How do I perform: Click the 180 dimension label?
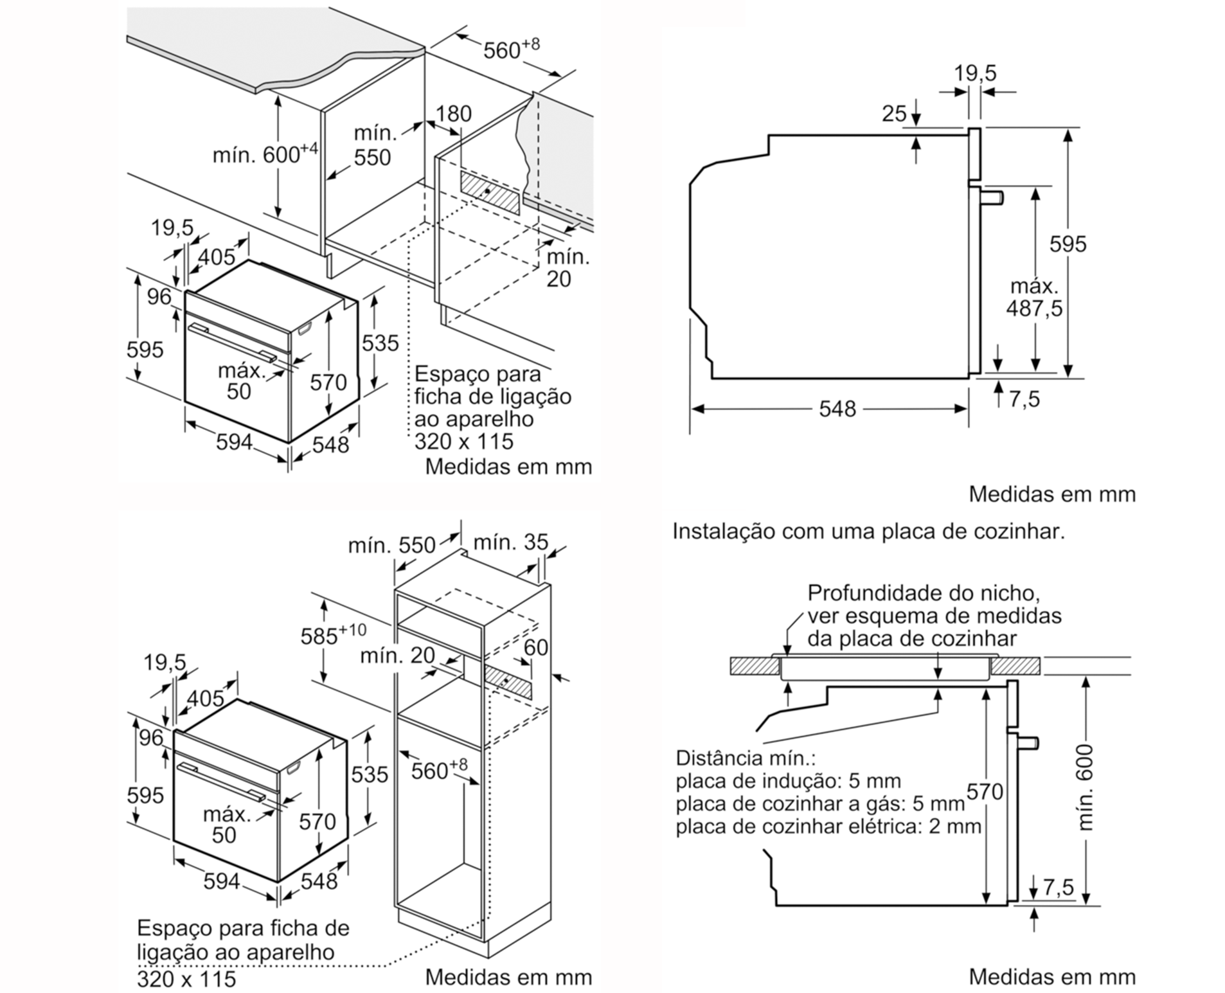pyautogui.click(x=453, y=114)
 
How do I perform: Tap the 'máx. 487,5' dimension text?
pyautogui.click(x=1034, y=298)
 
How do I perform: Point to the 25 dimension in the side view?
pyautogui.click(x=893, y=114)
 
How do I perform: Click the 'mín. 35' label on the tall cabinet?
pyautogui.click(x=510, y=542)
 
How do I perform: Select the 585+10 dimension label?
pyautogui.click(x=333, y=634)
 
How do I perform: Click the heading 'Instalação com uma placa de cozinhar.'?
pyautogui.click(x=868, y=532)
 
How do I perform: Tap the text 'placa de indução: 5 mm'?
pyautogui.click(x=788, y=781)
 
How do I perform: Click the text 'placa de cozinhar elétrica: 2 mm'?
pyautogui.click(x=828, y=827)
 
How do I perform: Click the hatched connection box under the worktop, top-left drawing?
pyautogui.click(x=490, y=192)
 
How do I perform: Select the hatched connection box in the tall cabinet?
pyautogui.click(x=508, y=682)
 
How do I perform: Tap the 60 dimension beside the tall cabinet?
pyautogui.click(x=535, y=647)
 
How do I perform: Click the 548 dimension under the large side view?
pyautogui.click(x=837, y=409)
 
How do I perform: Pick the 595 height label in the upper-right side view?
pyautogui.click(x=1068, y=244)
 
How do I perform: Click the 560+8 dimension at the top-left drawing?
pyautogui.click(x=511, y=49)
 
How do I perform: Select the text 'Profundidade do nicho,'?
pyautogui.click(x=923, y=593)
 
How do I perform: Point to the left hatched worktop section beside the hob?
pyautogui.click(x=755, y=666)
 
